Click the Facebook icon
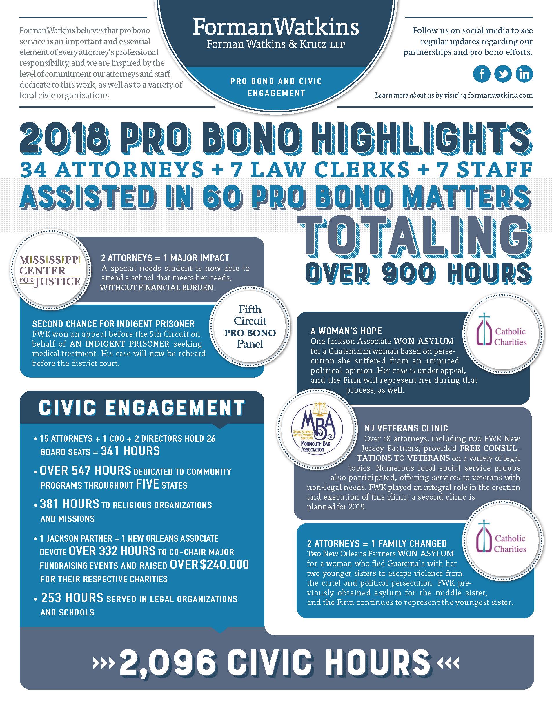pos(482,74)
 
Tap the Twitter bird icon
pos(503,74)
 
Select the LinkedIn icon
pos(524,74)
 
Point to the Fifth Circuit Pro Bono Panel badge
pos(250,326)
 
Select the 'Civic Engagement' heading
pos(141,408)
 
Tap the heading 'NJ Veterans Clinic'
pos(406,428)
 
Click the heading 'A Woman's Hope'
pos(346,331)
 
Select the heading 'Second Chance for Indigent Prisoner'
pos(113,324)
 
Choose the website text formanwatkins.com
pos(500,95)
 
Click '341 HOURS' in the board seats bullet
pos(130,451)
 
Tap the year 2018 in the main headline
pos(63,140)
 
